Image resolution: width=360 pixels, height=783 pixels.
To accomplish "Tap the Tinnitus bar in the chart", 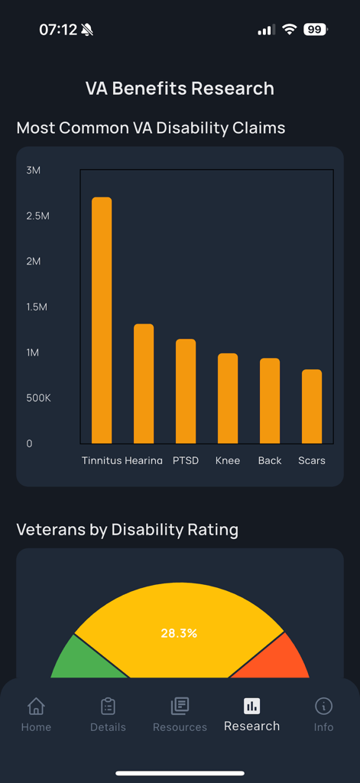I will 102,320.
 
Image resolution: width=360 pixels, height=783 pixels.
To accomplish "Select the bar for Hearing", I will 144,384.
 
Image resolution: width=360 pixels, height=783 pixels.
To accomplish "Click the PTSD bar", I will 186,391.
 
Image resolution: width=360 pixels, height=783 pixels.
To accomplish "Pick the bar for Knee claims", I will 228,398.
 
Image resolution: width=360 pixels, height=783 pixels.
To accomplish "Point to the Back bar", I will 270,401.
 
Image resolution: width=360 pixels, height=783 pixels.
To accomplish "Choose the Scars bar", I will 312,406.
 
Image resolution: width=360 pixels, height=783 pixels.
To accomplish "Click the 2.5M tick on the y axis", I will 37,216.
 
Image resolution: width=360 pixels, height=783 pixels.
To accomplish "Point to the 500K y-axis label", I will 38,398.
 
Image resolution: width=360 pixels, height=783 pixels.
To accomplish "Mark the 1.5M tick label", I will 37,307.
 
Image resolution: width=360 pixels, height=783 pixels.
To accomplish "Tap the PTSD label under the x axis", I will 186,460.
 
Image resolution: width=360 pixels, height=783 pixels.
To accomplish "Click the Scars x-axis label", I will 312,460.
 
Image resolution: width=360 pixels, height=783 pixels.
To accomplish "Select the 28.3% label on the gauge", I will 179,633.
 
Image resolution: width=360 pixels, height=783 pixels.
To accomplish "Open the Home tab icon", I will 36,706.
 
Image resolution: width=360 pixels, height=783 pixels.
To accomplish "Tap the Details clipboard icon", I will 108,706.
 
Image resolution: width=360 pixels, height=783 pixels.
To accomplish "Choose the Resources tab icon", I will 180,706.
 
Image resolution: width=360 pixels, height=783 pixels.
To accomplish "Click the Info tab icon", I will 323,706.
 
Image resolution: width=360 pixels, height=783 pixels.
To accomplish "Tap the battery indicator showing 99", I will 315,30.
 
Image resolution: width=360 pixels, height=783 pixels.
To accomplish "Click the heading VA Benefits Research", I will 180,89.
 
